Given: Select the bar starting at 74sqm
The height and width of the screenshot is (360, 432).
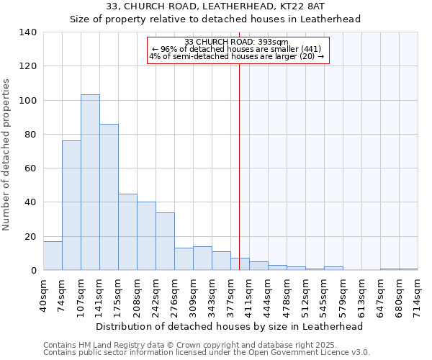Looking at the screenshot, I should coord(71,205).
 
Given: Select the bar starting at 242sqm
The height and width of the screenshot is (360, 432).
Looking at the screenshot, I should coord(165,241).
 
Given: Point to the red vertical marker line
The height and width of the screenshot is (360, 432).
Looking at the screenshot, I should coord(239,166).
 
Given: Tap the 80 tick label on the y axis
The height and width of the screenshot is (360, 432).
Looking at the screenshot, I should coord(30,135).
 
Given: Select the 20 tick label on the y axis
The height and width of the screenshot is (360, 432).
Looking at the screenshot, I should coord(30,237).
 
